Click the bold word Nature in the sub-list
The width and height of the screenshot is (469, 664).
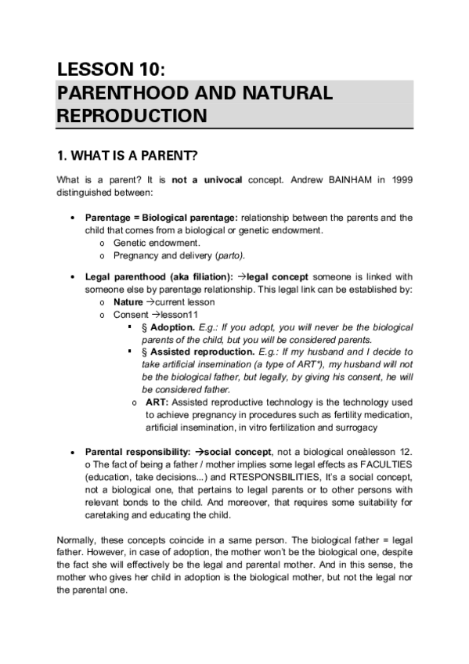pos(128,301)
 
